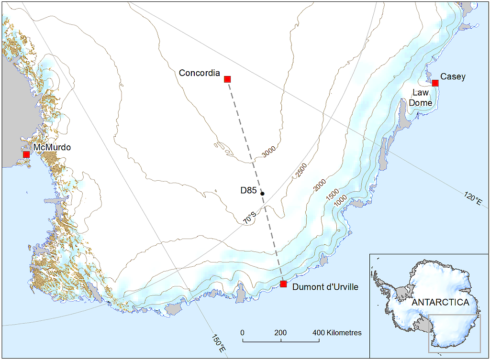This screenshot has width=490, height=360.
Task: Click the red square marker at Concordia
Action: (x=227, y=79)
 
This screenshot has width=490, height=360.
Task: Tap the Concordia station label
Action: (x=199, y=73)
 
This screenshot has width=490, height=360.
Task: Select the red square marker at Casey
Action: (x=435, y=83)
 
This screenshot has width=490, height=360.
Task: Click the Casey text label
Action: (x=452, y=76)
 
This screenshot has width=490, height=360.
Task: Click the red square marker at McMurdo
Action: (x=26, y=154)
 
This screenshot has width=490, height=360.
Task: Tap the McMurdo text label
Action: (x=52, y=147)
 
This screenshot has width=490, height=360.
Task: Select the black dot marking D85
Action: (x=262, y=194)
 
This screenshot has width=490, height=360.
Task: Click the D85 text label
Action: (x=249, y=191)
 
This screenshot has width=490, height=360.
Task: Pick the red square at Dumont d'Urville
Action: (x=283, y=284)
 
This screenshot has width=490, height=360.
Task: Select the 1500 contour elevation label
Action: (x=333, y=195)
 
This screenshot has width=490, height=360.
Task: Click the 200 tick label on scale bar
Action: (x=281, y=333)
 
